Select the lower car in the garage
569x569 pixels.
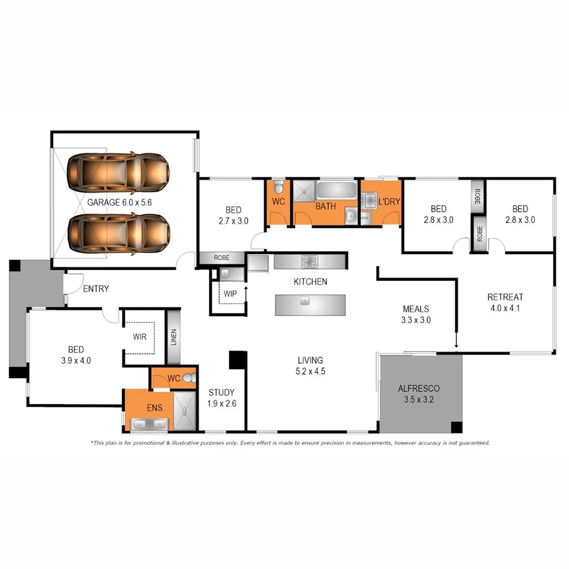tap(118, 233)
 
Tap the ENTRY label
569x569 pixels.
tap(96, 289)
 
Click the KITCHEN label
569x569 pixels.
tap(310, 281)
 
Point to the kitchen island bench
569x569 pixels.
tap(310, 304)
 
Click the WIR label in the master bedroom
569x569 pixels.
tap(140, 337)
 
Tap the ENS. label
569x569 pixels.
tap(156, 408)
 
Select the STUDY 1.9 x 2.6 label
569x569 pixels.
tap(221, 398)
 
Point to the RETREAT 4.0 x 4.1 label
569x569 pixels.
tap(505, 303)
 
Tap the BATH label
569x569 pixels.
tap(326, 206)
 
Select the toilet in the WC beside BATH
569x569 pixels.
tap(278, 187)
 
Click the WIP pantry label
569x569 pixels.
tap(229, 294)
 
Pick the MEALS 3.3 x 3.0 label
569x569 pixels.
tap(416, 314)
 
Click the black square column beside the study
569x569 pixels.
tap(237, 360)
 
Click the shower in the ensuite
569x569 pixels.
tap(186, 411)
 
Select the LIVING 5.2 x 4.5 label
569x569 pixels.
tap(311, 365)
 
